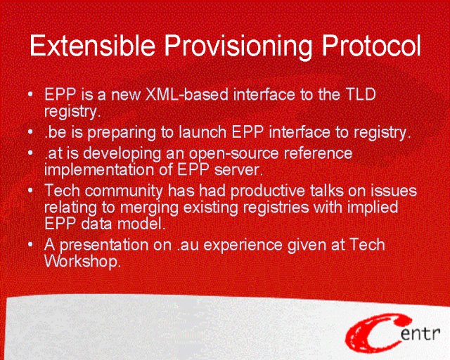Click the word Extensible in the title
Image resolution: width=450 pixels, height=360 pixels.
(x=92, y=45)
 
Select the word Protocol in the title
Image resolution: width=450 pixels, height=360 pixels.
(x=371, y=45)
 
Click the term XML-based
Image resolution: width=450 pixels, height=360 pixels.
(x=187, y=94)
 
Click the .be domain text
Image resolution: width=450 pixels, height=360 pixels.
(x=55, y=132)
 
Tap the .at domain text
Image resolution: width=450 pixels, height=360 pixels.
(x=53, y=153)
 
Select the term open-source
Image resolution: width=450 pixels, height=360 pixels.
(x=233, y=153)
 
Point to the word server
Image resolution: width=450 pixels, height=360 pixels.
(x=238, y=171)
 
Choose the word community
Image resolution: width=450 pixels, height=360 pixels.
(x=124, y=191)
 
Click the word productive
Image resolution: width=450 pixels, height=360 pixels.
(x=267, y=191)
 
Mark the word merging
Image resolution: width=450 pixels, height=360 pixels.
(x=149, y=208)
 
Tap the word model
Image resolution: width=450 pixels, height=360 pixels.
(x=141, y=224)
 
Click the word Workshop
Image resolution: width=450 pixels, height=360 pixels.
(x=82, y=262)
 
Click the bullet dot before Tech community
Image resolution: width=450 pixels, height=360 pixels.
(x=30, y=190)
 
